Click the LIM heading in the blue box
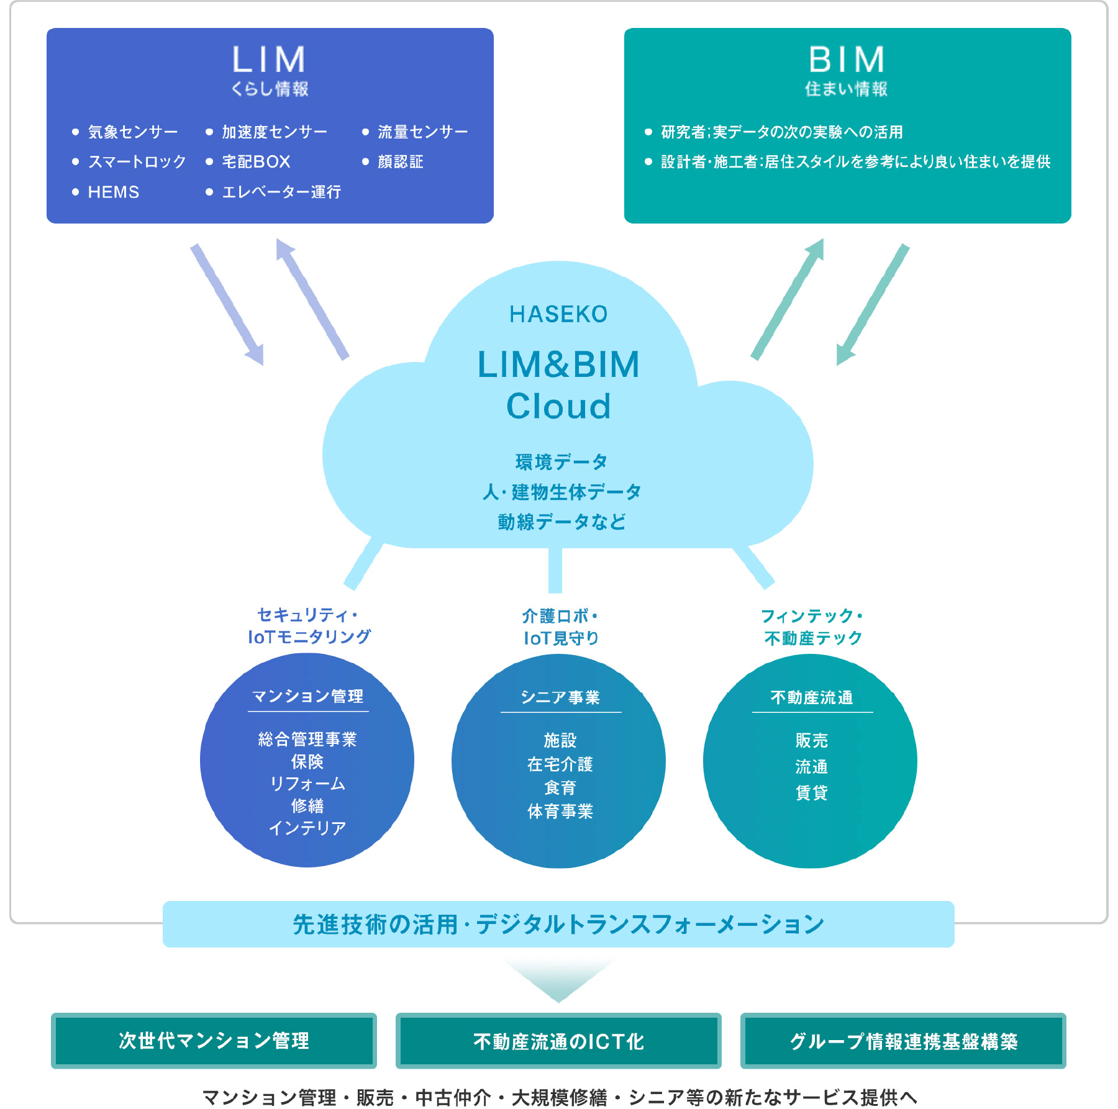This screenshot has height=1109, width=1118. pos(269,60)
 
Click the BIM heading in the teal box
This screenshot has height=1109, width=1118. pos(847,60)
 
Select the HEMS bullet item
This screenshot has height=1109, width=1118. pos(114,192)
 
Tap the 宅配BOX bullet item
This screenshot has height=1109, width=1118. pos(256,161)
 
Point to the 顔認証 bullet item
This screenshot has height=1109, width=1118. pos(400,161)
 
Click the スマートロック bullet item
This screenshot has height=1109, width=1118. pos(137,161)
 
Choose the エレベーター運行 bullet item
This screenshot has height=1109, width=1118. pos(281,192)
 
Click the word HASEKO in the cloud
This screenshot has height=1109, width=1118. pos(558,314)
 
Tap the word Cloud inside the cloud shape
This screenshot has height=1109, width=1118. pos(558,406)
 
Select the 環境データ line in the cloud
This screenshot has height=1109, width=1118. pos(561,461)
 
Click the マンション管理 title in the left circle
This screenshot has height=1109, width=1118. pos(307,696)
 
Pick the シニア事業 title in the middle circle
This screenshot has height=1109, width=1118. pos(560,697)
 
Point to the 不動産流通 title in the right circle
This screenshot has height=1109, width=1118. pos(812,697)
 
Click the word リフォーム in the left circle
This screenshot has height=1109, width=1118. pos(307,784)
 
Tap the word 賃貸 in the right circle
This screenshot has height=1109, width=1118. pos(812,792)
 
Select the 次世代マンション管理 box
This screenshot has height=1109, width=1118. pos(214,1041)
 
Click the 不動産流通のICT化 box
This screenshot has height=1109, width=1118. pos(558,1041)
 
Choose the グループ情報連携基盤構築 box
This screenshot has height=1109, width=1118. pos(903,1041)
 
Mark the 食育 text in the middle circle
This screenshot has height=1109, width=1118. pos(560,787)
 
